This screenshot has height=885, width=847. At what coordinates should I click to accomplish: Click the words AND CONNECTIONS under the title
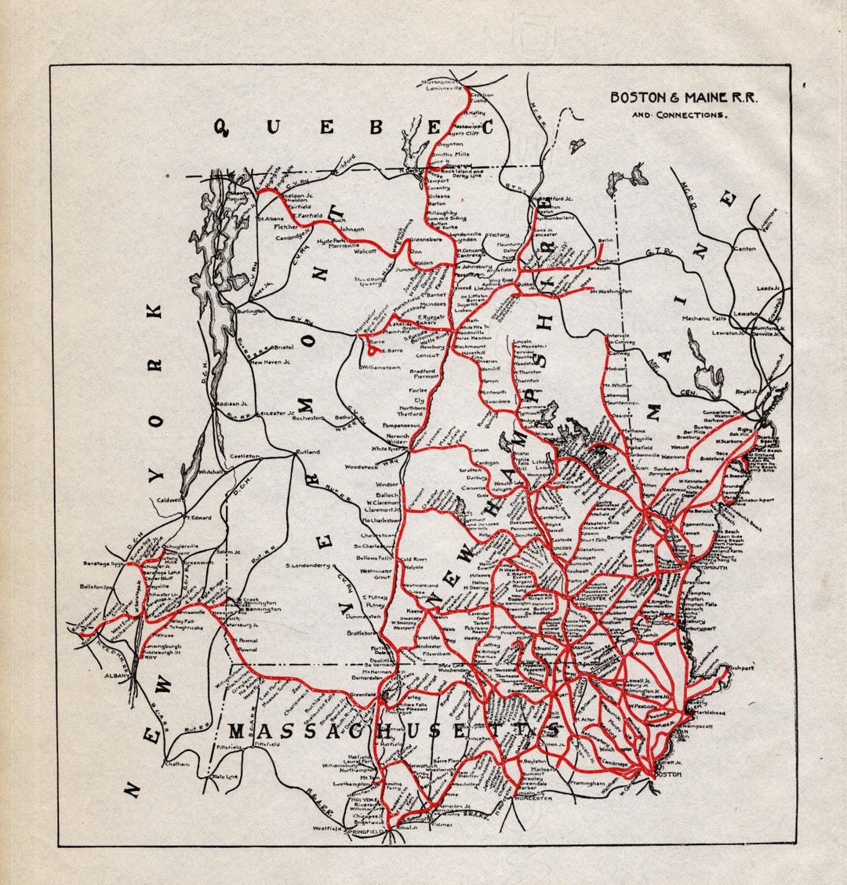click(x=680, y=115)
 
